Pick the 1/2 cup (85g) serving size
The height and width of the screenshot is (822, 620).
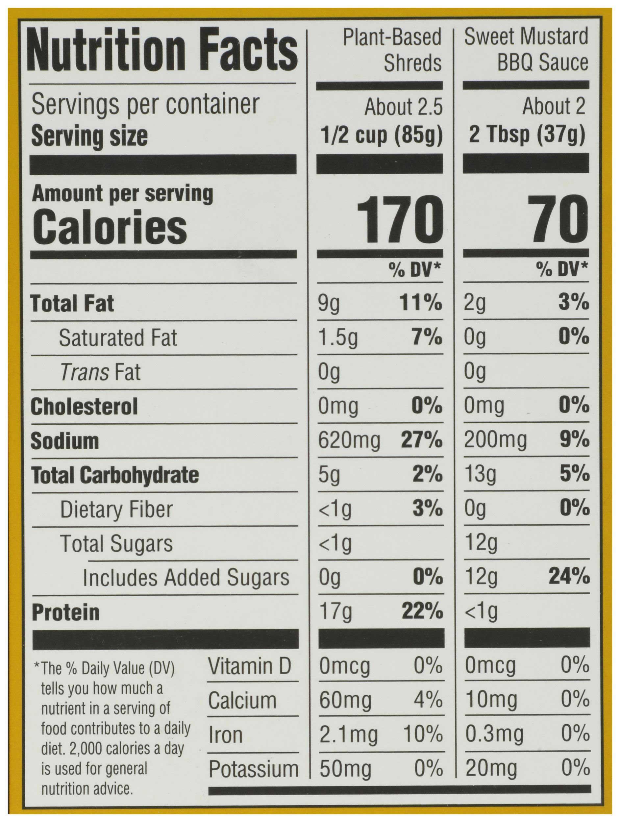[x=382, y=135]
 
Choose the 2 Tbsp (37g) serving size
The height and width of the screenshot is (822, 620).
[x=527, y=135]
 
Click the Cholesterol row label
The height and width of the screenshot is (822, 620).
[x=84, y=407]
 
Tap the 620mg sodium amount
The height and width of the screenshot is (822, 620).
[x=349, y=441]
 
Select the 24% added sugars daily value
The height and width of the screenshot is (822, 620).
[x=569, y=577]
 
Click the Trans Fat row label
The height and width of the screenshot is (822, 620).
[x=100, y=372]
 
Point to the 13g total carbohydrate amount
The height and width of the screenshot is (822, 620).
[x=480, y=475]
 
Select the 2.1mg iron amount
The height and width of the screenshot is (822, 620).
[x=348, y=735]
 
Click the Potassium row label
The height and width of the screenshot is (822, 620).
[x=253, y=769]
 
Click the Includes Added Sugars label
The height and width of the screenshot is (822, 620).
[x=186, y=578]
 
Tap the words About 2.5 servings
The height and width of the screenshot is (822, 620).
[x=404, y=107]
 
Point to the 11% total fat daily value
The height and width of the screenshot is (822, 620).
[x=421, y=303]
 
